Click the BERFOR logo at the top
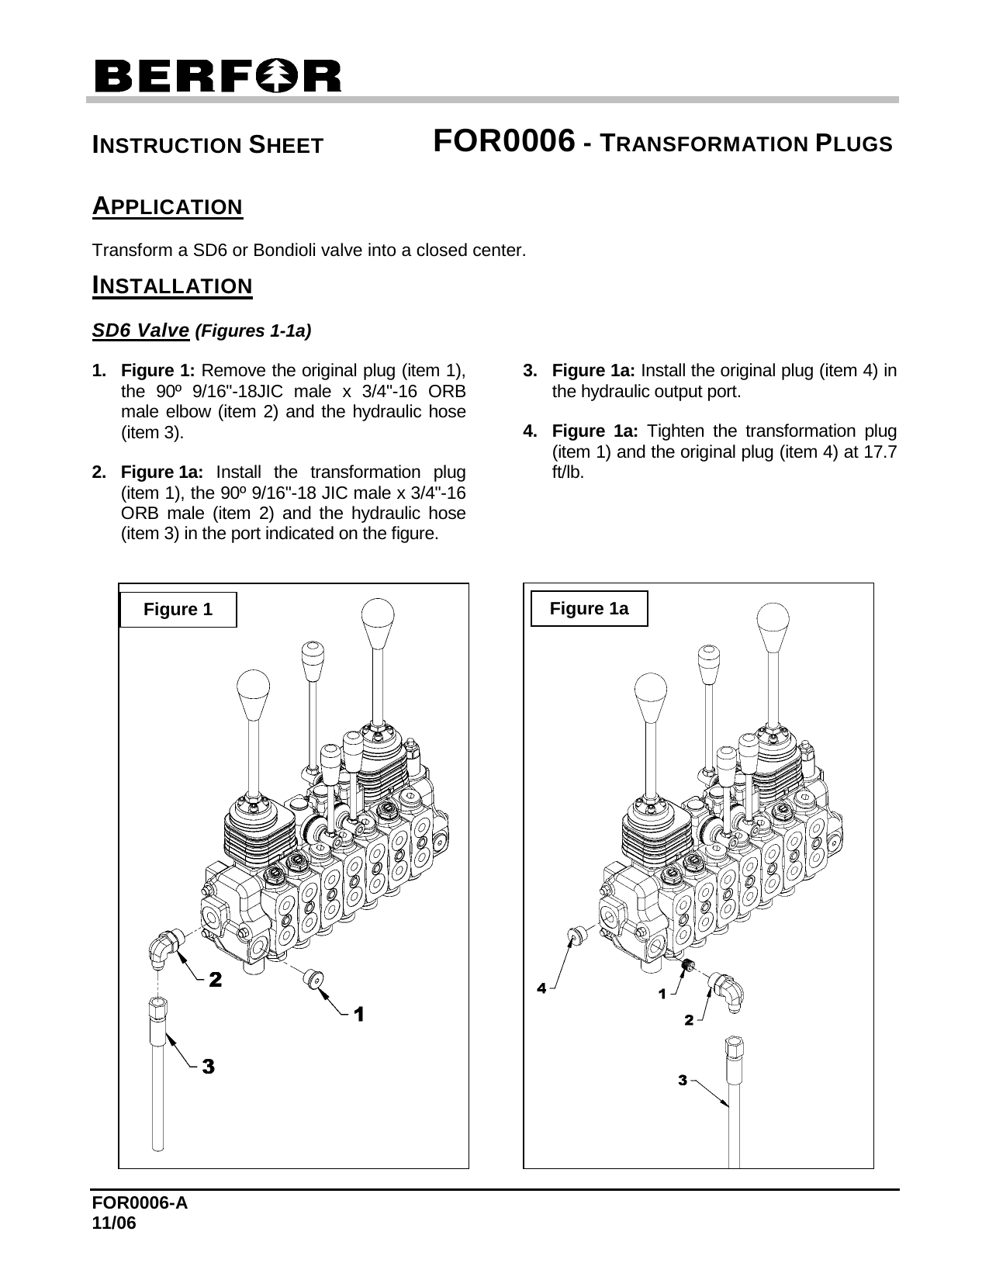coord(216,76)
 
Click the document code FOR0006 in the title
coord(504,141)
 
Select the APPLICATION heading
coord(168,207)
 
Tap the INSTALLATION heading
coord(172,285)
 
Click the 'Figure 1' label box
coord(178,610)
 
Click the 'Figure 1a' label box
coord(589,609)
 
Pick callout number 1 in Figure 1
coord(359,1013)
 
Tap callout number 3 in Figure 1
coord(208,1067)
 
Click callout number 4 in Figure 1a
coord(542,988)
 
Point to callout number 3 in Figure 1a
coord(683,1079)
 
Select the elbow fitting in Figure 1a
coord(729,990)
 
